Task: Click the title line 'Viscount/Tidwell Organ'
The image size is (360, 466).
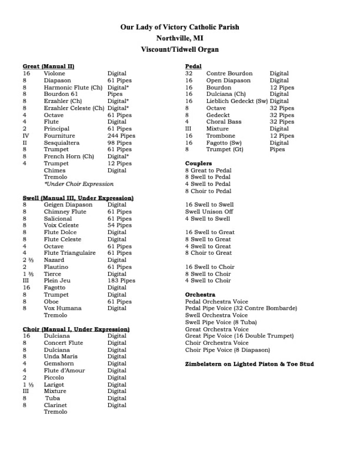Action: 180,49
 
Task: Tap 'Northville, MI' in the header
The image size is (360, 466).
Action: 180,38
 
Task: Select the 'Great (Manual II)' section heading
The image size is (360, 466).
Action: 49,66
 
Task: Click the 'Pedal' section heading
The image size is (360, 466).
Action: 193,66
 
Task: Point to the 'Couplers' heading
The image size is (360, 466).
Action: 198,163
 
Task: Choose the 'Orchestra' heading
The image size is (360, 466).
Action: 200,295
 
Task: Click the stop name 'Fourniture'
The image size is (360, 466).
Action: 60,136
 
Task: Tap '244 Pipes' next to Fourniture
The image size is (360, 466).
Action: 121,136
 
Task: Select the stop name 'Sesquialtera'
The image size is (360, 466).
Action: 62,142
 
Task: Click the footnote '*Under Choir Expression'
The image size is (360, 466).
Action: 79,184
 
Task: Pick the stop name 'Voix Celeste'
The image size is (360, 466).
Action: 61,225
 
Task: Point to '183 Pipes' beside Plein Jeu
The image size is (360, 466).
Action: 121,281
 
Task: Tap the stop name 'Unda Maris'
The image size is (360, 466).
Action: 61,357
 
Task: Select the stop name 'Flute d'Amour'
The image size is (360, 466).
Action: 64,370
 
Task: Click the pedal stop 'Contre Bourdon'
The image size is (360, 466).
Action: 229,74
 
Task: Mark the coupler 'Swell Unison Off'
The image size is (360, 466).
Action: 209,212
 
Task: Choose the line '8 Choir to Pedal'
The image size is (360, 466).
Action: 208,191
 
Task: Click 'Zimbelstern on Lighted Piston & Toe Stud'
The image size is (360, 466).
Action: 249,364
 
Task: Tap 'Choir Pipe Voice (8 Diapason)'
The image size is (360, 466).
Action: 227,350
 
